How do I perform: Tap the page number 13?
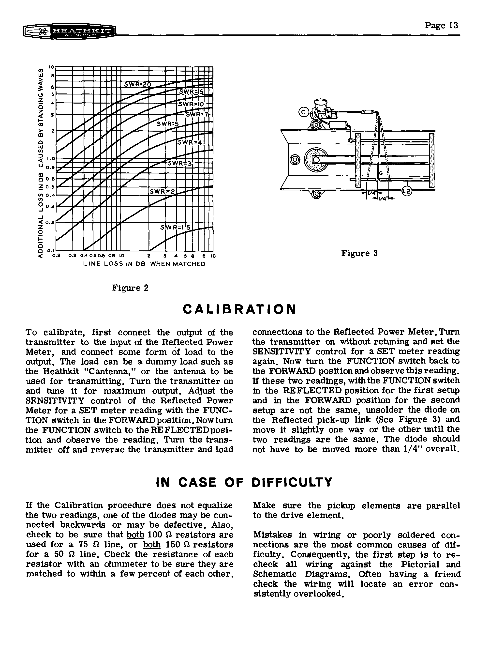point(441,26)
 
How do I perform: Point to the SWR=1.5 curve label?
point(176,228)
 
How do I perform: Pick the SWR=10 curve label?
point(191,104)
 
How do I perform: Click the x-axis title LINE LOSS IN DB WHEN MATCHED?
point(144,264)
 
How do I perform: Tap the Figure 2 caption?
point(130,288)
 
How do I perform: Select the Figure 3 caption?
point(359,253)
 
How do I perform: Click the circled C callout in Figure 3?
point(303,112)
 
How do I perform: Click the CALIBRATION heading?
point(239,309)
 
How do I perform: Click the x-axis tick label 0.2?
point(56,256)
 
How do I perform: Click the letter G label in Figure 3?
point(381,173)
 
